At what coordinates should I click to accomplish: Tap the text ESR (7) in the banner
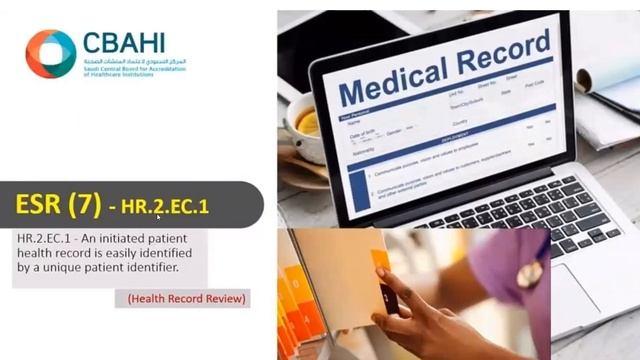58,206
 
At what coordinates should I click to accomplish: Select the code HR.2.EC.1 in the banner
165,208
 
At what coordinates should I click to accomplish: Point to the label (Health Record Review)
187,298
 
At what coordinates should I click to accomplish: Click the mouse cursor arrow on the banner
158,215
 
